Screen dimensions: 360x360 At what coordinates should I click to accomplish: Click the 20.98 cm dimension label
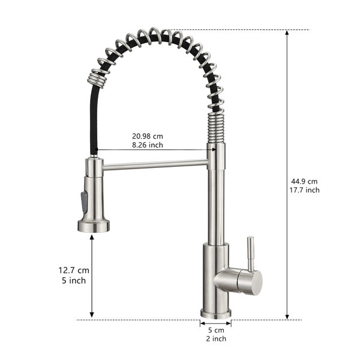tap(148, 136)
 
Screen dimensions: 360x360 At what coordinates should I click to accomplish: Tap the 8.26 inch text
tap(148, 145)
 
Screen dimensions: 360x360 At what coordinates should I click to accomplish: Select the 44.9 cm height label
tap(304, 181)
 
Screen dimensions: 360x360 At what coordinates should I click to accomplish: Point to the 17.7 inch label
tap(304, 190)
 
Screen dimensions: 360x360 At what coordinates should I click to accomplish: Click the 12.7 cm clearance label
tap(74, 270)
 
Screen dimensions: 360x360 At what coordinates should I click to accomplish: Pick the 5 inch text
tap(74, 281)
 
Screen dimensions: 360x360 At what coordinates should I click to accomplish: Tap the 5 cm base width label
tap(216, 331)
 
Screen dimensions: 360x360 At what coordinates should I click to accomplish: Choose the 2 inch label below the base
tap(216, 338)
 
